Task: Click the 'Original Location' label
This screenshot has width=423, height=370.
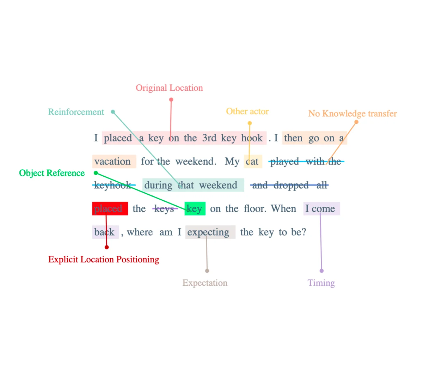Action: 169,88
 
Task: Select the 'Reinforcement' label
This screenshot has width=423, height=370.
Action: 76,112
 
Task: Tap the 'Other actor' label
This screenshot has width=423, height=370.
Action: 247,111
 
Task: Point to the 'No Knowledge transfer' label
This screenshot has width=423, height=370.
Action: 352,114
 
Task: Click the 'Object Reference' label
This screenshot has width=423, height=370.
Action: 52,173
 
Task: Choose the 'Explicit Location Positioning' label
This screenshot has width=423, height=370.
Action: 104,259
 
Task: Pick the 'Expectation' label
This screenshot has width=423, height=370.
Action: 205,283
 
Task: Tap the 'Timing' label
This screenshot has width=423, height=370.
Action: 321,283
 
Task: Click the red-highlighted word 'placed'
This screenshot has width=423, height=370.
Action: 108,209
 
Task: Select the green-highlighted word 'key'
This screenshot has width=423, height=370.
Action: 194,209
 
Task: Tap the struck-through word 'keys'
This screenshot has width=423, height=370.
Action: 164,209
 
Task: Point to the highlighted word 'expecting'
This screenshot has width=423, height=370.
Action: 208,232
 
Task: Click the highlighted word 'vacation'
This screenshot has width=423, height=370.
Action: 112,162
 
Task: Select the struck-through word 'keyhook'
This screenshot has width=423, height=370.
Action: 113,185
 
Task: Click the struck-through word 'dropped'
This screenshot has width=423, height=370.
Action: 291,185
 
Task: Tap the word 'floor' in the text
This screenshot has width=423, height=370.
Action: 254,208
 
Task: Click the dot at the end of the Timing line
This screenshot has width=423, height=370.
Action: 321,271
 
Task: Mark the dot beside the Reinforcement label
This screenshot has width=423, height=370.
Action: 113,112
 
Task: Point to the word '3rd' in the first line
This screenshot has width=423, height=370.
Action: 209,138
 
